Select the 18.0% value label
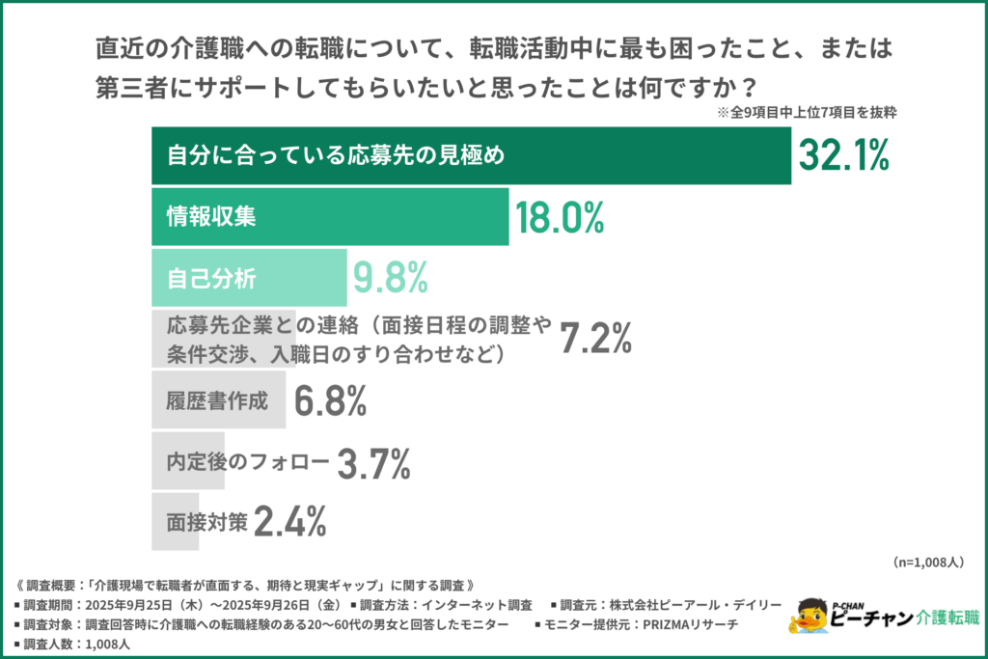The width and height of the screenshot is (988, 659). [x=560, y=217]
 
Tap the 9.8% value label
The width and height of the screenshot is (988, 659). [x=390, y=278]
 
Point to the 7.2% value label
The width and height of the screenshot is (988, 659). [x=596, y=339]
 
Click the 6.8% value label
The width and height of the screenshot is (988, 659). [x=331, y=400]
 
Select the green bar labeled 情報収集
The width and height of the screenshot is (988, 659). [x=330, y=217]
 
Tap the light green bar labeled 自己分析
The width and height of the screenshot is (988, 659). [x=249, y=278]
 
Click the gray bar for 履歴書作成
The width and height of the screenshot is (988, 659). [x=218, y=400]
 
